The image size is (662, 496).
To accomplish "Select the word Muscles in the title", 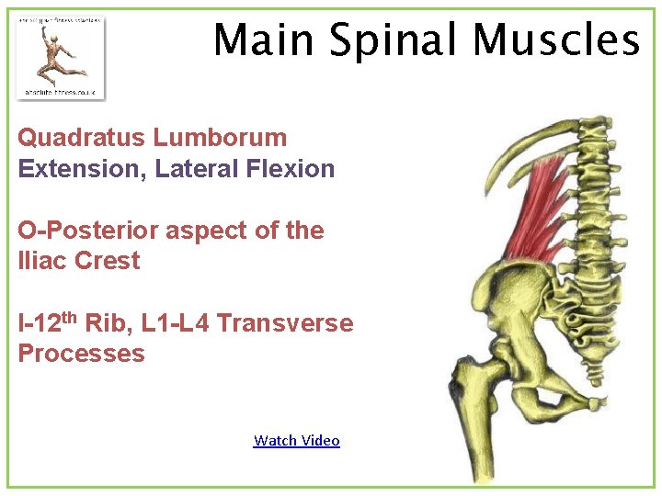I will tap(556, 40).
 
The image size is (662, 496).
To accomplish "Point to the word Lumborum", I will tap(221, 138).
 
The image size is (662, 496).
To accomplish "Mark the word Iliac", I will tap(42, 261).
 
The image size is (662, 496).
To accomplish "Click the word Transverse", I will tap(285, 323).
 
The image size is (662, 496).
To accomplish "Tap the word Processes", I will tap(81, 354).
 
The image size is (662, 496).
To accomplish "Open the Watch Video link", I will tap(296, 441).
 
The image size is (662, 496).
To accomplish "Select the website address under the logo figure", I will tap(61, 92).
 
